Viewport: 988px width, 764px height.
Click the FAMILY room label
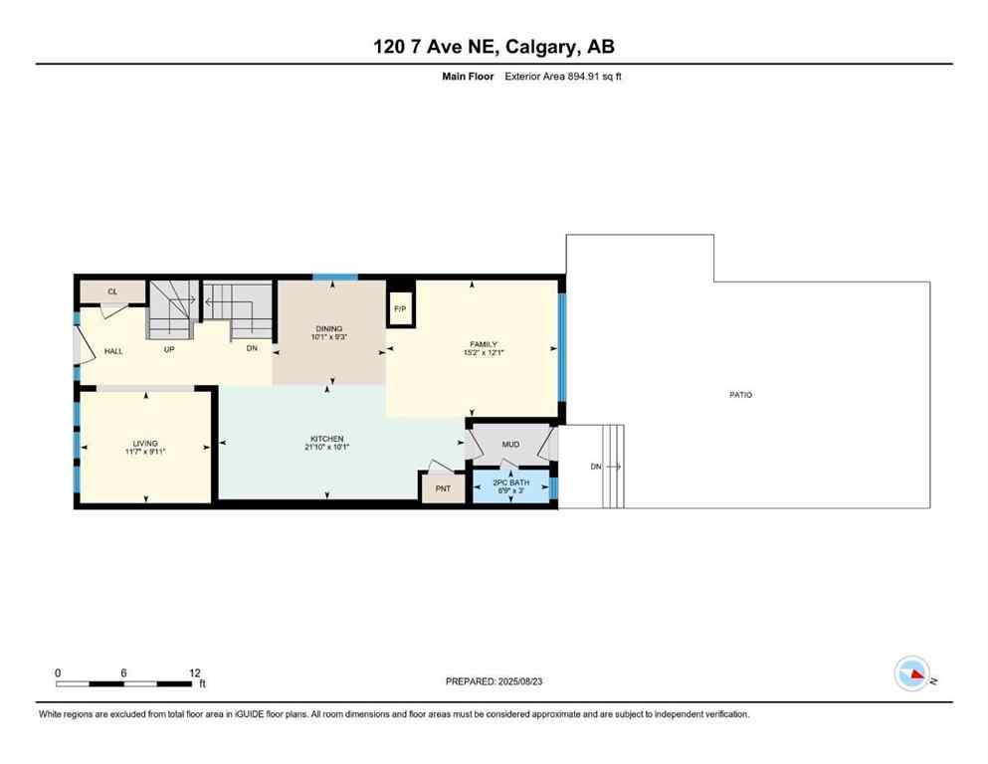484,344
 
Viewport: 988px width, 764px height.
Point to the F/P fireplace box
400,308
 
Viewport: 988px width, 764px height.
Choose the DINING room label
328,328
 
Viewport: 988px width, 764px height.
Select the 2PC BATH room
512,484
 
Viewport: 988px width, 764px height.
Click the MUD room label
510,445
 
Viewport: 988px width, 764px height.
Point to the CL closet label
112,291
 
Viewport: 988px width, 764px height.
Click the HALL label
113,351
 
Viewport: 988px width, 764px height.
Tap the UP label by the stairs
170,350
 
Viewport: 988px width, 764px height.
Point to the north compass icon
911,674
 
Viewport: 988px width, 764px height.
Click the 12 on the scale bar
195,672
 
